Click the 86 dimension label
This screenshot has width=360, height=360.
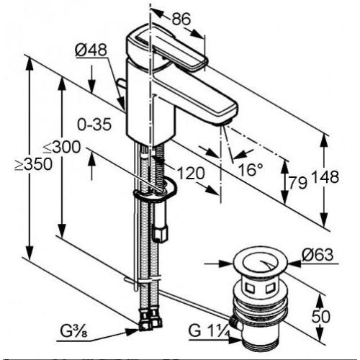pos(181,19)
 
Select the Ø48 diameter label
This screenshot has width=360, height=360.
pos(91,50)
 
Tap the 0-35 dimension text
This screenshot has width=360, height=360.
pos(94,125)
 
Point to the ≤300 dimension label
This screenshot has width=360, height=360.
pos(62,147)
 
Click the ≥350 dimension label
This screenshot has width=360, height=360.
pos(33,164)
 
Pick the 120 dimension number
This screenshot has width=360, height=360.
pos(191,174)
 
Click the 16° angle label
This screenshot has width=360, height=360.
pos(251,170)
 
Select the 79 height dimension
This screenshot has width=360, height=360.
pos(297,183)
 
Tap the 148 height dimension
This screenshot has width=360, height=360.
pos(325,177)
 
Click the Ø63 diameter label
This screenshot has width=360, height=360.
pos(318,255)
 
